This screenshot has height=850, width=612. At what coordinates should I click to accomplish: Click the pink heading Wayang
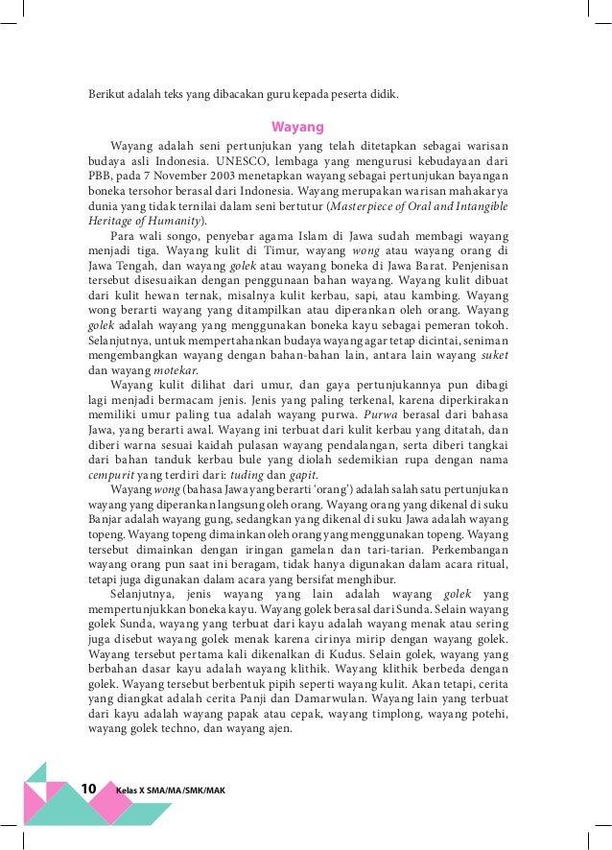click(297, 127)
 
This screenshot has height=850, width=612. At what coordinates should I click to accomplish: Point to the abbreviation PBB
click(101, 177)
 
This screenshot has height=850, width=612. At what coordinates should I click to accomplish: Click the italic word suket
click(493, 354)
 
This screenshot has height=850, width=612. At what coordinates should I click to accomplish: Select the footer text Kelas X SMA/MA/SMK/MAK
click(169, 789)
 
